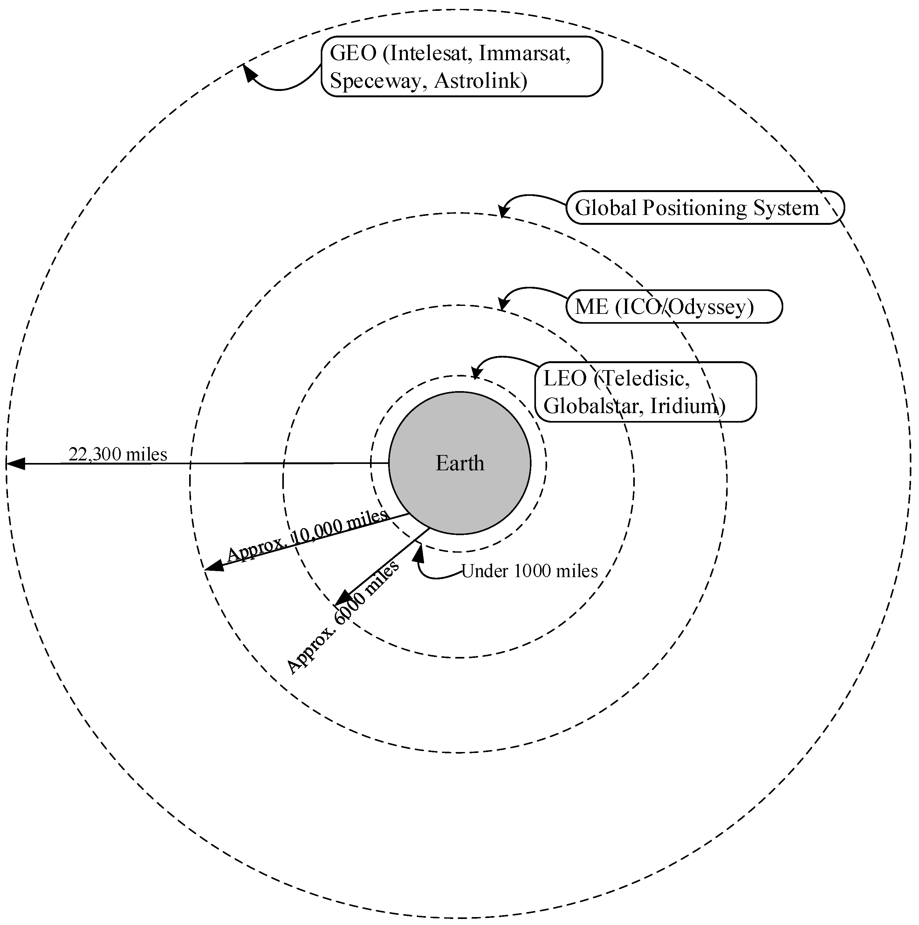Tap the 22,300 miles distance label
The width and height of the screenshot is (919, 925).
coord(118,454)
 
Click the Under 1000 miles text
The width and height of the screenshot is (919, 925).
coord(529,571)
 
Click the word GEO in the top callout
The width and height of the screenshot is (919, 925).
coord(353,53)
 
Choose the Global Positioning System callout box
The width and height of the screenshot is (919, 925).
coord(704,208)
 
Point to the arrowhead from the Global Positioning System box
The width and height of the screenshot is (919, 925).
coord(503,211)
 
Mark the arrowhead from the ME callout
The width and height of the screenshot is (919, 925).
coord(502,305)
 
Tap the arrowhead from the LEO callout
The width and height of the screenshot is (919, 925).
coord(476,373)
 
